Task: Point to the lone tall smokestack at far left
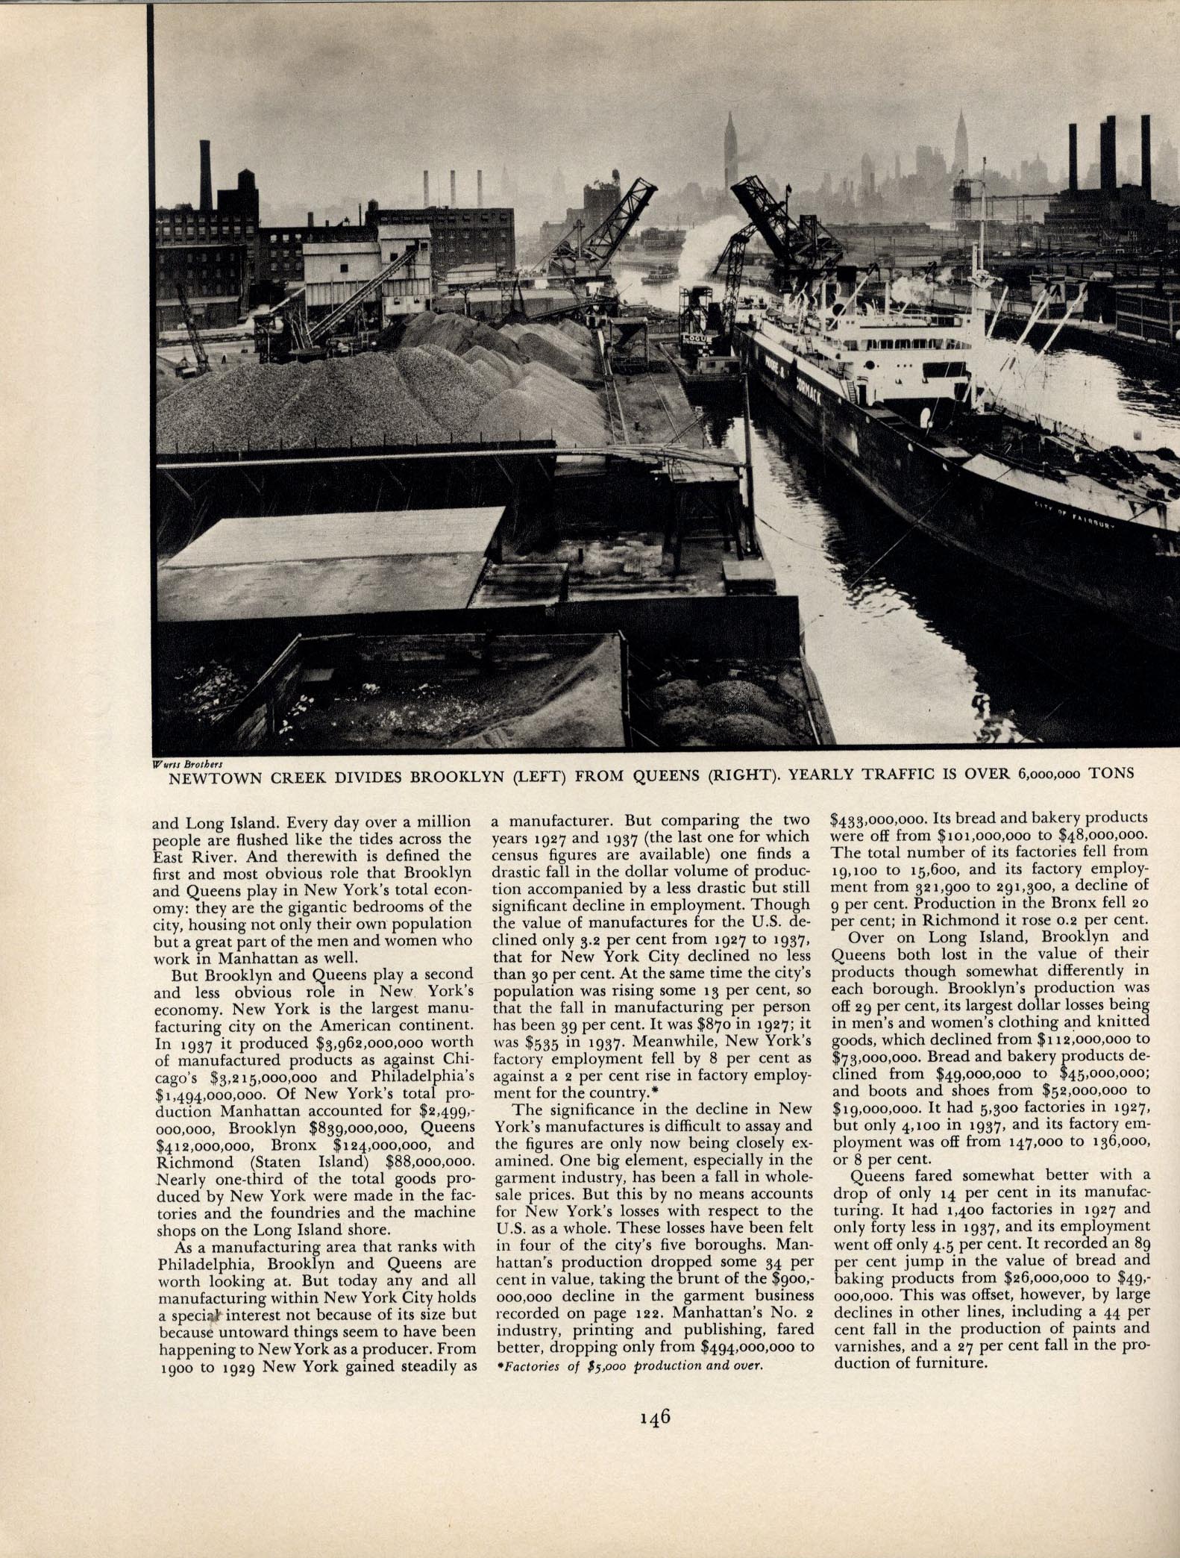pos(205,164)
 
